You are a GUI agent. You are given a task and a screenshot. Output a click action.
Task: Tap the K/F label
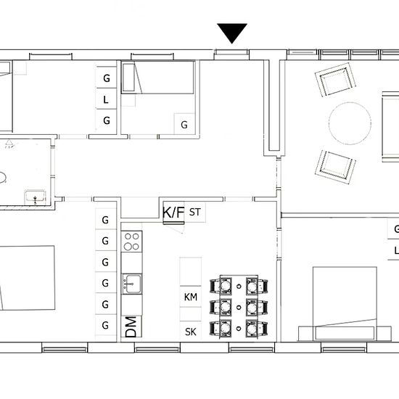point(173,213)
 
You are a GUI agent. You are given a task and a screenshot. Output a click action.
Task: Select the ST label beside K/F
point(194,213)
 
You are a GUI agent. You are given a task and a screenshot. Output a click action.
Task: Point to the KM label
point(191,297)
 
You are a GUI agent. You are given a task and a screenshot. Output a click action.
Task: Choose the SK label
point(191,332)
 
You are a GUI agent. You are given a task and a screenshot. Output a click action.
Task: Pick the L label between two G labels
point(106,99)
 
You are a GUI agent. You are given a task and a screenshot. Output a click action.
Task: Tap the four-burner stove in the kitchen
point(132,241)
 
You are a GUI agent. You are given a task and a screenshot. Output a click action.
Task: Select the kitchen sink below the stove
point(132,281)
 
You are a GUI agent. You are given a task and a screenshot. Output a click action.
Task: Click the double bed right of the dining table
point(344,303)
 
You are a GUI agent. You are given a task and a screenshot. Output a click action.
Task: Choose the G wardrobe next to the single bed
point(184,124)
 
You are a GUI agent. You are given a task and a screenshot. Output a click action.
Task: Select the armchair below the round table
point(336,166)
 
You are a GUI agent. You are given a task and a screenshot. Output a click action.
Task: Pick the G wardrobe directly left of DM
point(106,325)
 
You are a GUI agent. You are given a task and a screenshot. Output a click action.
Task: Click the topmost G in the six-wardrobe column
point(106,219)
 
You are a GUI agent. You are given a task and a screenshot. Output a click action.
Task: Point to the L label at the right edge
point(395,251)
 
